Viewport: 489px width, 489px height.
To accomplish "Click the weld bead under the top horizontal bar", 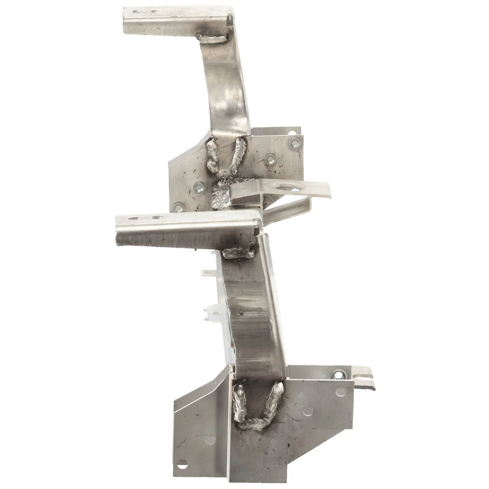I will (212, 37).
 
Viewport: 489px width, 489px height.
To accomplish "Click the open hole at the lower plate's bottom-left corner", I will (182, 464).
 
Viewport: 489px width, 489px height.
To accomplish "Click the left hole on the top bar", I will (137, 11).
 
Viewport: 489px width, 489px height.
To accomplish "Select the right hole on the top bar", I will (153, 11).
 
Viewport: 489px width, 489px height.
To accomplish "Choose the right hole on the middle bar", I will (157, 218).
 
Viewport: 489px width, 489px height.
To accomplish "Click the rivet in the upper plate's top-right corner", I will (294, 143).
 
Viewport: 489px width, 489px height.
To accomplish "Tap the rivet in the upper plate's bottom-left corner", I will (178, 207).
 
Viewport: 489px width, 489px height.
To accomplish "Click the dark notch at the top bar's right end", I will (230, 20).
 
